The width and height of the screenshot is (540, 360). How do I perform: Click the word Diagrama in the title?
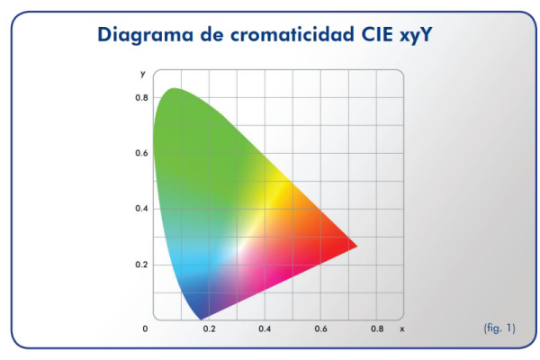click(x=145, y=35)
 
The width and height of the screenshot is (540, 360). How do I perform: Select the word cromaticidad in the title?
click(x=292, y=34)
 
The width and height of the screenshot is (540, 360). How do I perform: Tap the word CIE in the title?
click(x=377, y=34)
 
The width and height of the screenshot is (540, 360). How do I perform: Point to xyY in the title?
click(x=416, y=35)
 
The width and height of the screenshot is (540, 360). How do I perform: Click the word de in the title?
click(x=211, y=34)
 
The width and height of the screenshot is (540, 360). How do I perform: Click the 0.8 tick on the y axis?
click(x=141, y=98)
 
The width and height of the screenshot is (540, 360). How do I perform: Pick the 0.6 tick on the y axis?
click(x=141, y=153)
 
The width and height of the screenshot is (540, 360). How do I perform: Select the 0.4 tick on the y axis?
click(x=141, y=209)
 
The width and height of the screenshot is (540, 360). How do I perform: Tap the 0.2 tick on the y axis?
click(x=141, y=265)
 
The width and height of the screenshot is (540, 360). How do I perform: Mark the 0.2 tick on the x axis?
click(x=209, y=329)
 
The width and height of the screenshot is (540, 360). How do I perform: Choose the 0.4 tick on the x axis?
click(x=265, y=329)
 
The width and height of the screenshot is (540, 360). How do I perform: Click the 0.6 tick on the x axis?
click(x=320, y=329)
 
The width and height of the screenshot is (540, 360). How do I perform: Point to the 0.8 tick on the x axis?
click(x=377, y=329)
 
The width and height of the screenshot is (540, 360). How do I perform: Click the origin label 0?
click(x=145, y=329)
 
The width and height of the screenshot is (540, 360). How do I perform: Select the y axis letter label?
click(x=143, y=74)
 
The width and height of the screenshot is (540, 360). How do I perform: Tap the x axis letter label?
click(x=402, y=329)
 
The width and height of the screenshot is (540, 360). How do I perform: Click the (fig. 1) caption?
click(x=499, y=328)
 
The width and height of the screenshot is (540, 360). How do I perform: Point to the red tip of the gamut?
click(x=356, y=246)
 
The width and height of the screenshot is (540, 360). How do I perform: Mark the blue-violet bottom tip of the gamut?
click(x=201, y=319)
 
